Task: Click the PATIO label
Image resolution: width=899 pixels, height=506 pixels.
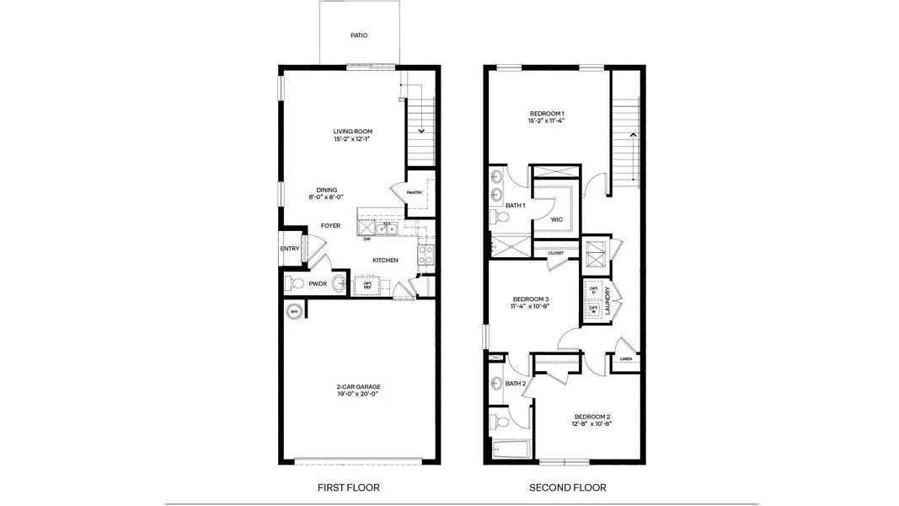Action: tap(359, 35)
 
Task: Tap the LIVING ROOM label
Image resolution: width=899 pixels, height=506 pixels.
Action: tap(352, 132)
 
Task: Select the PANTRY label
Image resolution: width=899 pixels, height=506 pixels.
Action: tap(415, 192)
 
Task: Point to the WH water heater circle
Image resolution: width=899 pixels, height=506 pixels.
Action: tap(294, 311)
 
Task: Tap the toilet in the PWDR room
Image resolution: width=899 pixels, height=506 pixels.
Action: tap(292, 283)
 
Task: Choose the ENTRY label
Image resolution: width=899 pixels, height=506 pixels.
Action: tap(289, 249)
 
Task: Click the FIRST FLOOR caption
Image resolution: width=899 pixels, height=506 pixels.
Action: tap(348, 487)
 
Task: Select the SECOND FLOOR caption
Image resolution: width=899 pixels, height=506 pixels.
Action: tap(567, 487)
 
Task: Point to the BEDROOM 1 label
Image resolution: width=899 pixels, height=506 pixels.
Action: tap(547, 113)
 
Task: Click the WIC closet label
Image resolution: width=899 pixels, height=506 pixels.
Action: tap(556, 219)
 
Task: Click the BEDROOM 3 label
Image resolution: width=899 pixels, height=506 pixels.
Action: tap(531, 299)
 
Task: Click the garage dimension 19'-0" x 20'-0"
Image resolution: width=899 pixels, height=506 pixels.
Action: tap(359, 394)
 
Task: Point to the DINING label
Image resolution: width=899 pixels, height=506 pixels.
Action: tap(327, 190)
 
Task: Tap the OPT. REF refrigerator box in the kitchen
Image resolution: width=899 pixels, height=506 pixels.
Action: tap(368, 285)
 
